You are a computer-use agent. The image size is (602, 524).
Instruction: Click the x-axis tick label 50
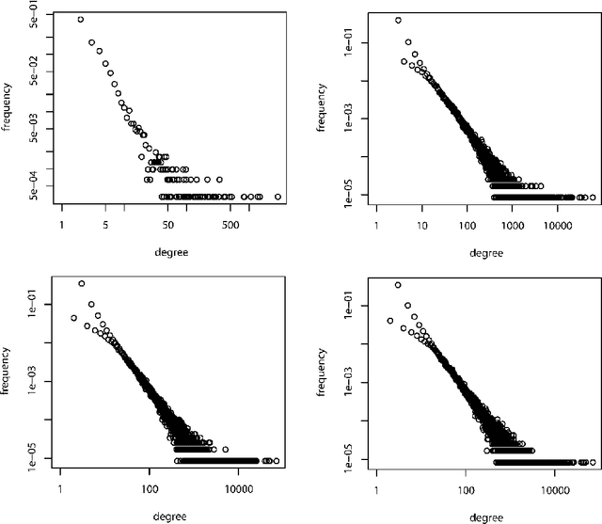pyautogui.click(x=167, y=226)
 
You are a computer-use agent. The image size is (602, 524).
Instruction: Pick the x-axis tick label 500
pyautogui.click(x=230, y=226)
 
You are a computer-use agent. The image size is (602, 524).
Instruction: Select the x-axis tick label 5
pyautogui.click(x=105, y=226)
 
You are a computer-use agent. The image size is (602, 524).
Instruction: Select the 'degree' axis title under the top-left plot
pyautogui.click(x=169, y=253)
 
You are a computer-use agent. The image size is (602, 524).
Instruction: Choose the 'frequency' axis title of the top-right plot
pyautogui.click(x=322, y=109)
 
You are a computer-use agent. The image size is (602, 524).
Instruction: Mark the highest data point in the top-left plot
pyautogui.click(x=80, y=19)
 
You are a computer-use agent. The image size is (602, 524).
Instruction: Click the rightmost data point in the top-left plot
pyautogui.click(x=277, y=197)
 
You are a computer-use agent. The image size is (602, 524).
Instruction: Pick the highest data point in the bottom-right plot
pyautogui.click(x=398, y=284)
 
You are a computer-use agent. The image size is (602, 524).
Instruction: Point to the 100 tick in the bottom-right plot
pyautogui.click(x=467, y=489)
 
